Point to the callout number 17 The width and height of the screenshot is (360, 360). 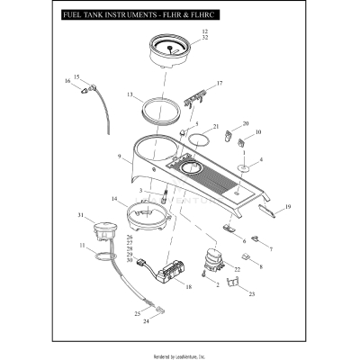pos(219,84)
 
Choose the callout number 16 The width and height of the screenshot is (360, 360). pos(67,82)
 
